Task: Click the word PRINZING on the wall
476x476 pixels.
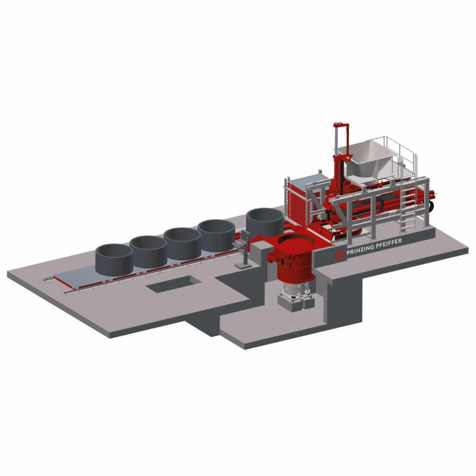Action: (x=360, y=249)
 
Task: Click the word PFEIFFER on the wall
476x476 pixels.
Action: (x=388, y=243)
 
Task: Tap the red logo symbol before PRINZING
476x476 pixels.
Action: (x=339, y=254)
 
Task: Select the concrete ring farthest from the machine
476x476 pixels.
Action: (x=114, y=259)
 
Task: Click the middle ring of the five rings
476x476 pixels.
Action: (x=182, y=243)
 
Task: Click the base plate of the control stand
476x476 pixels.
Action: (x=243, y=265)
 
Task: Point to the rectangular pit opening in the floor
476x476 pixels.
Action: (x=173, y=284)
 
